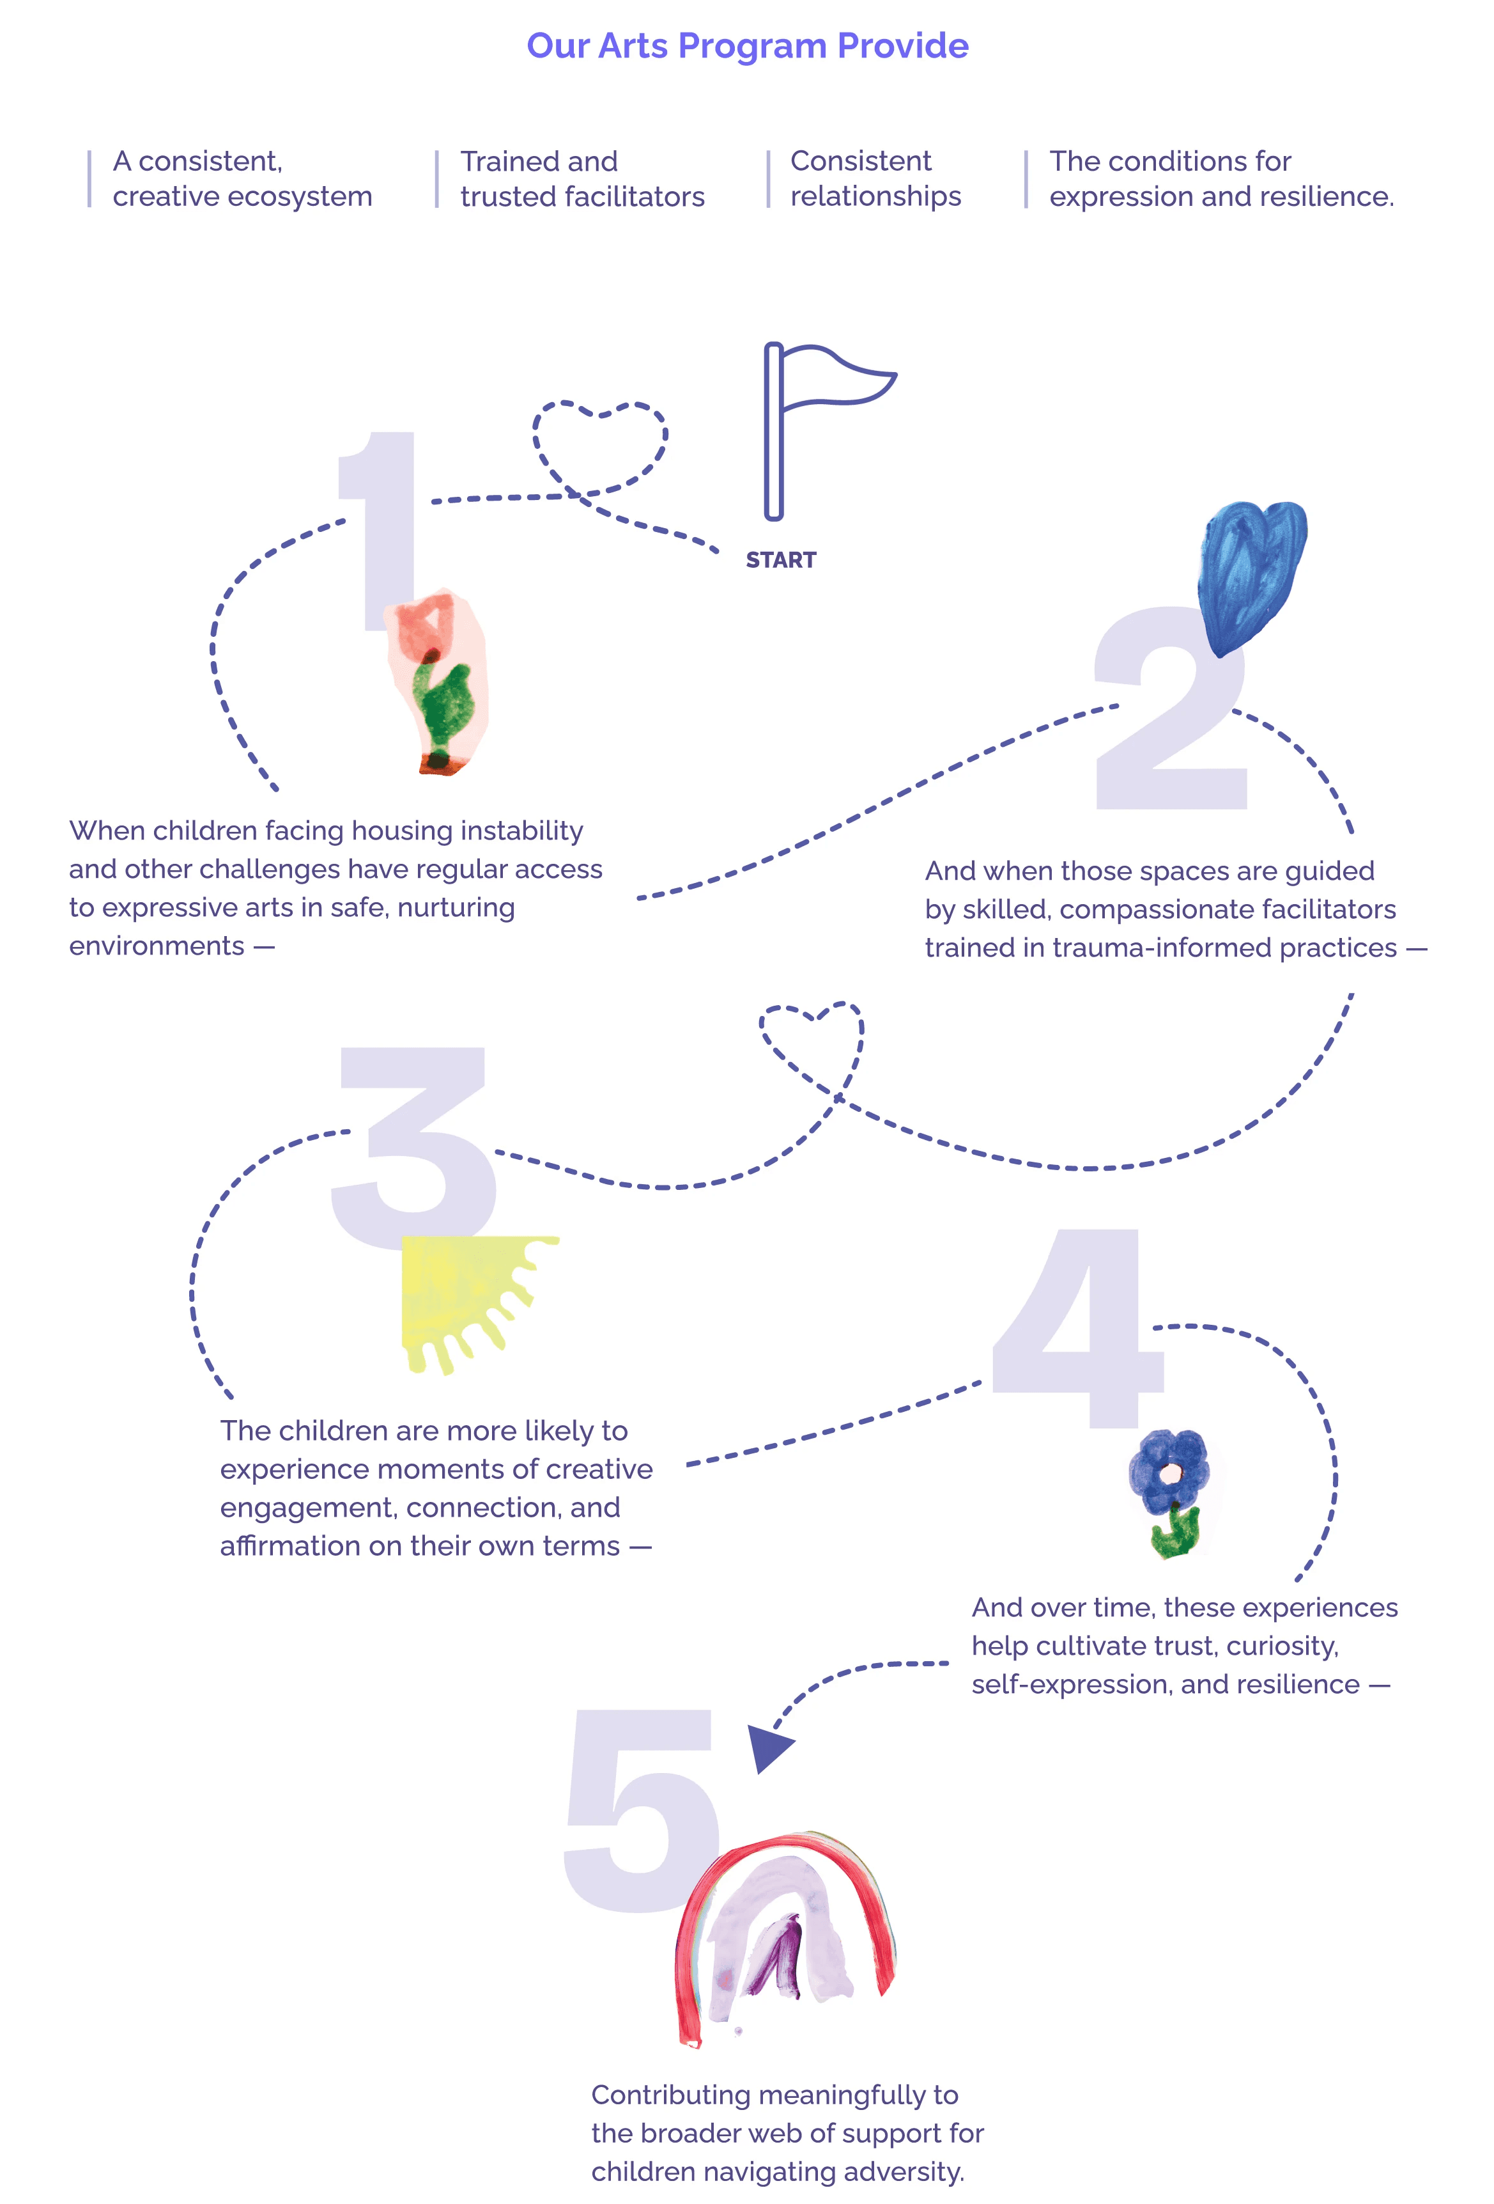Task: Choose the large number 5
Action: coord(640,1811)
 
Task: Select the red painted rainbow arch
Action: coord(787,1935)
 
